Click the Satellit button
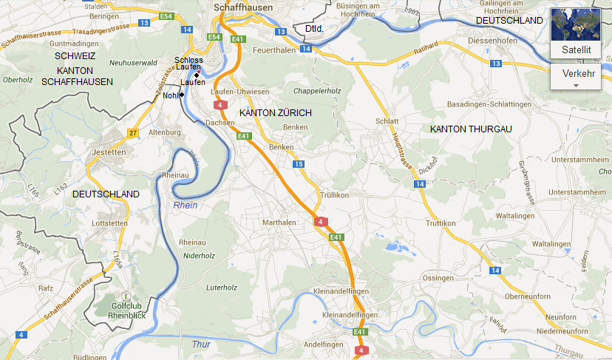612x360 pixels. click(576, 33)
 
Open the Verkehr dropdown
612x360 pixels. click(579, 76)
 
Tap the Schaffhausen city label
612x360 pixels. click(242, 7)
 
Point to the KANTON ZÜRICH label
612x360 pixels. click(276, 112)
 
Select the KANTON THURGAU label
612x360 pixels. click(471, 129)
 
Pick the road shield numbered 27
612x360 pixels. click(132, 133)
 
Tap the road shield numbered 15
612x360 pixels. click(298, 164)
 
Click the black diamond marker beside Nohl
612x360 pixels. click(182, 95)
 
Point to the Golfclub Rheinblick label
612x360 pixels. click(126, 310)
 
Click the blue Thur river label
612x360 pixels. click(200, 344)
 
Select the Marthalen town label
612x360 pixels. click(279, 223)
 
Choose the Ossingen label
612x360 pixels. click(438, 277)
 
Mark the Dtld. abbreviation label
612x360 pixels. click(314, 28)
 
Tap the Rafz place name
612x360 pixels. click(45, 288)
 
